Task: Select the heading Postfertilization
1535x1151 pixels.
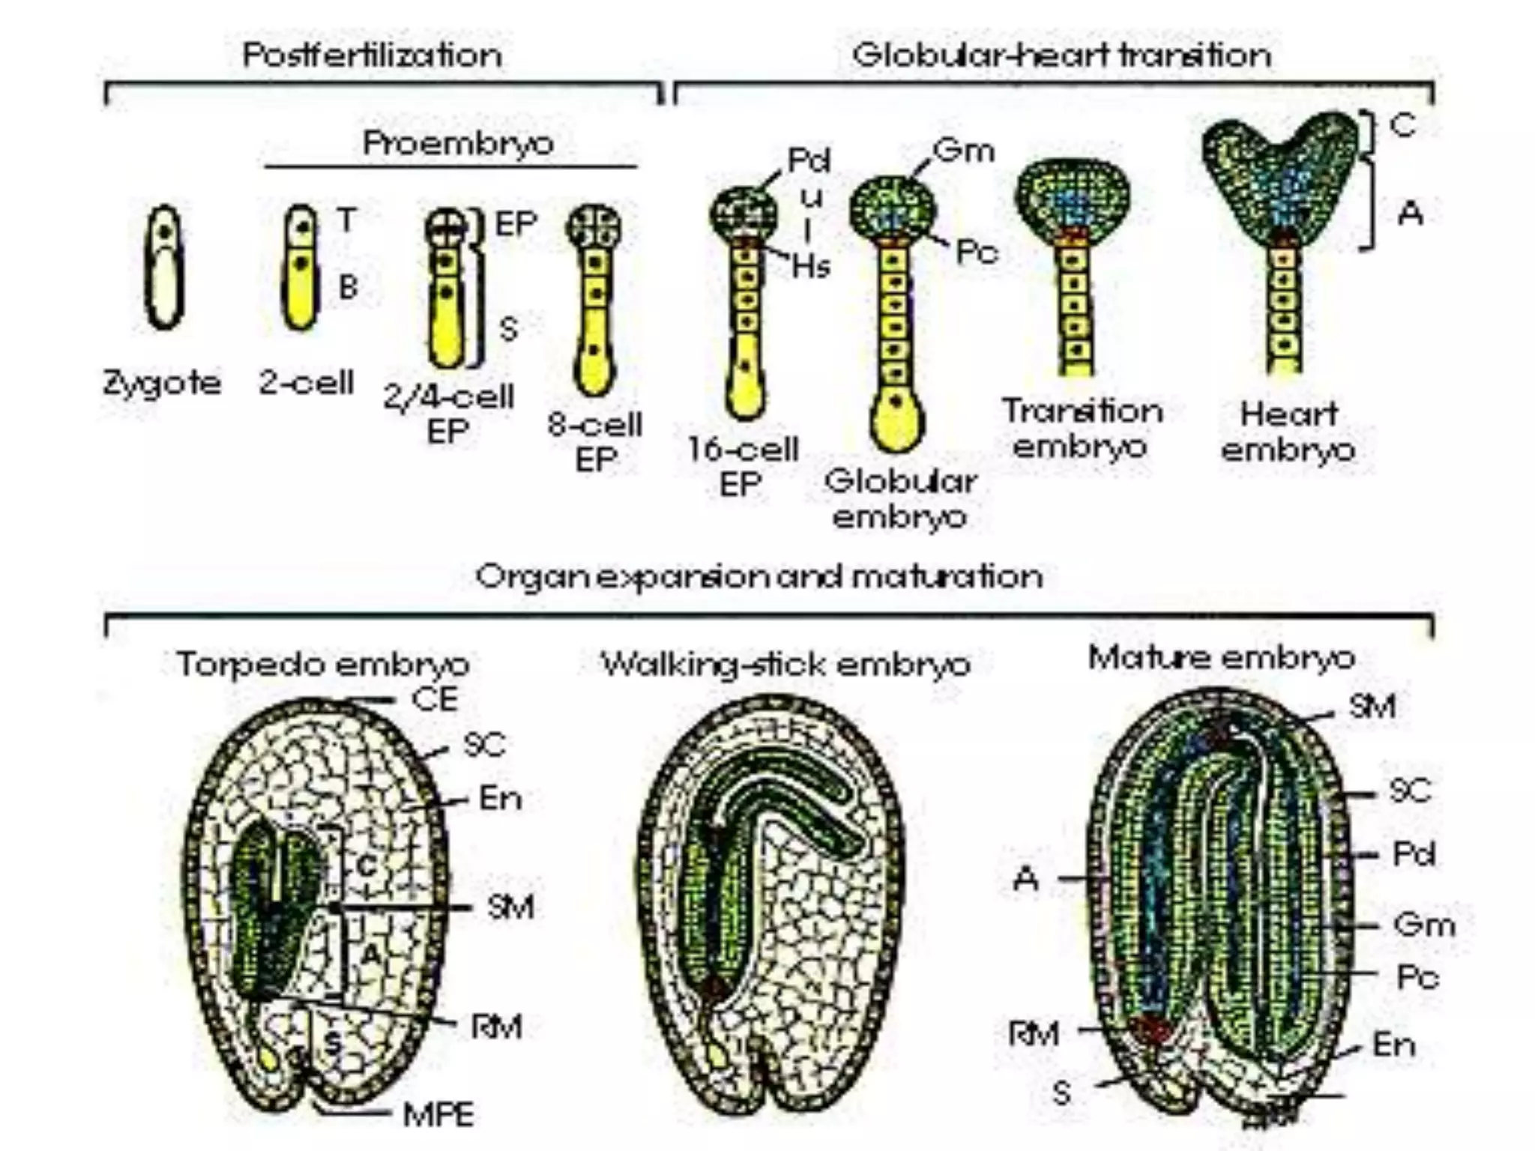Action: [x=373, y=55]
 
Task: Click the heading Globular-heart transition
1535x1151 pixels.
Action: [x=1061, y=55]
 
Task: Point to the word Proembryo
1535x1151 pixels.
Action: [x=458, y=143]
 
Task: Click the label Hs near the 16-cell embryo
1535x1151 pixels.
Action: [x=811, y=266]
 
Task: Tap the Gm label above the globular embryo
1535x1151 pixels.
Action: [x=964, y=151]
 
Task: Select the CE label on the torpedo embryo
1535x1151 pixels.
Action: [x=435, y=699]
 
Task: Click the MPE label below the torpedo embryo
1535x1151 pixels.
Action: [x=438, y=1115]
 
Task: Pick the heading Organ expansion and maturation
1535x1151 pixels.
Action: [x=759, y=577]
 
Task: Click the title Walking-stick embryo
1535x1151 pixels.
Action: [x=786, y=664]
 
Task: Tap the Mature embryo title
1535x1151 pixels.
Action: [x=1222, y=658]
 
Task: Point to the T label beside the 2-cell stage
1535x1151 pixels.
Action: [x=346, y=220]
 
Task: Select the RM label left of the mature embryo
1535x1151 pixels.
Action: [x=1034, y=1034]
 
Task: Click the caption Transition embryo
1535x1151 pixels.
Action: [x=1082, y=429]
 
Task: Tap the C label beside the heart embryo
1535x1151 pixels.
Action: [x=1403, y=124]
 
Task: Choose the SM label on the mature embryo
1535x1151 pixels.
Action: [x=1372, y=706]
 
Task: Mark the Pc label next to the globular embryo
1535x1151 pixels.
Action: [x=977, y=253]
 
